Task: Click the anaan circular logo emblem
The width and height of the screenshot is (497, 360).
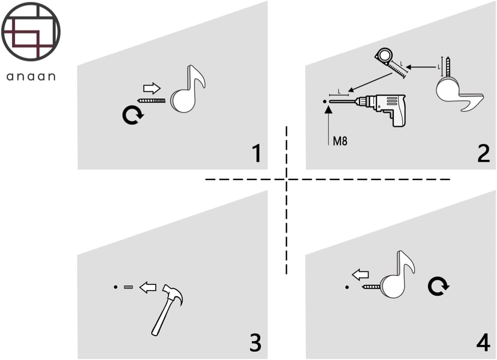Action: (x=31, y=32)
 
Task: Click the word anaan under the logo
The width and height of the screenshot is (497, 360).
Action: (x=31, y=77)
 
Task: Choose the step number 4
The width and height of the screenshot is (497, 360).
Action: (x=483, y=343)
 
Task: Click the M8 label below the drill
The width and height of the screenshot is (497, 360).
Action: (x=340, y=142)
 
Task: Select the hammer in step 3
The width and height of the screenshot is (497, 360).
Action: (x=167, y=308)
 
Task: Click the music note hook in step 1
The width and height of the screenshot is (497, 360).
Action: (x=186, y=92)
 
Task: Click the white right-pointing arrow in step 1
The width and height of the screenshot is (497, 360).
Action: (x=152, y=89)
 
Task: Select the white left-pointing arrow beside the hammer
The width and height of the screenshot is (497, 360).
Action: (x=148, y=287)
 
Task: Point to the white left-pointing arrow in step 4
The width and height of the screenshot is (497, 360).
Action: (x=360, y=275)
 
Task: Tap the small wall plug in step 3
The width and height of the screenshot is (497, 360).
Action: (x=128, y=287)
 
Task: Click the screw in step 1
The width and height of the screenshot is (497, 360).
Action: (x=151, y=101)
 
